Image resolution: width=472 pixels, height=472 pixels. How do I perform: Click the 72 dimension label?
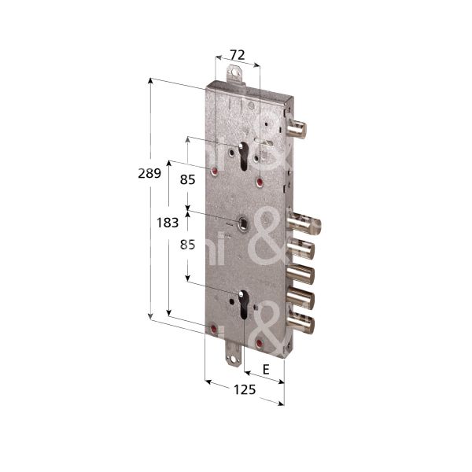(237, 54)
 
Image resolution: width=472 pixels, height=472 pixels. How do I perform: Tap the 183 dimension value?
(167, 223)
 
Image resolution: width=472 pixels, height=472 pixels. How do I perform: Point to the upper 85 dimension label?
(187, 179)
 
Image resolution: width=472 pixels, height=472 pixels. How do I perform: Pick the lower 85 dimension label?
(187, 245)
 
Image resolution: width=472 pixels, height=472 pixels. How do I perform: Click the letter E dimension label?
(266, 369)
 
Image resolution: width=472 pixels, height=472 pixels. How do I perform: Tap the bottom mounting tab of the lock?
(234, 358)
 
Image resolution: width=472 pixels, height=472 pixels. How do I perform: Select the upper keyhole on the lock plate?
(249, 157)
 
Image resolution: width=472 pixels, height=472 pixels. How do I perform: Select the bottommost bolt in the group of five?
(300, 322)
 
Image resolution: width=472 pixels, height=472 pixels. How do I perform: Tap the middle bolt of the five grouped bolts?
(300, 274)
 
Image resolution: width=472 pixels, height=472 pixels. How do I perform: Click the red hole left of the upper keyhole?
(212, 170)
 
